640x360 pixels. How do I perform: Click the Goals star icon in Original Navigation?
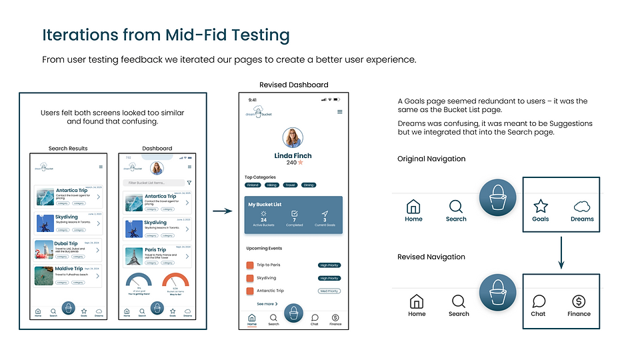[541, 206]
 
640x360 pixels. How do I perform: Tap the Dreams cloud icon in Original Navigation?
[582, 206]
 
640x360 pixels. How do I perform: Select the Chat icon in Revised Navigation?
[539, 301]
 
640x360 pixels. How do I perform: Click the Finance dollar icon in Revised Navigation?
[579, 301]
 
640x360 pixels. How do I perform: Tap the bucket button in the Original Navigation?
[498, 198]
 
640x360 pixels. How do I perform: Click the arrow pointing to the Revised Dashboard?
[223, 211]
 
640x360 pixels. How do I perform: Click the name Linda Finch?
[293, 155]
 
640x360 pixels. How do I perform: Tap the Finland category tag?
[253, 185]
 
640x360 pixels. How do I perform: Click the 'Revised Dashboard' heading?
[294, 85]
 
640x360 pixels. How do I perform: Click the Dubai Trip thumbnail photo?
[44, 249]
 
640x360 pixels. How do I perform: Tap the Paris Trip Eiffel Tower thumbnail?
[132, 256]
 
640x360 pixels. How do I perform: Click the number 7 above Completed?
[294, 220]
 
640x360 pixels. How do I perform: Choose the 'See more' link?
[266, 303]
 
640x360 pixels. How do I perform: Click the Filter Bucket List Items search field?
[154, 182]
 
